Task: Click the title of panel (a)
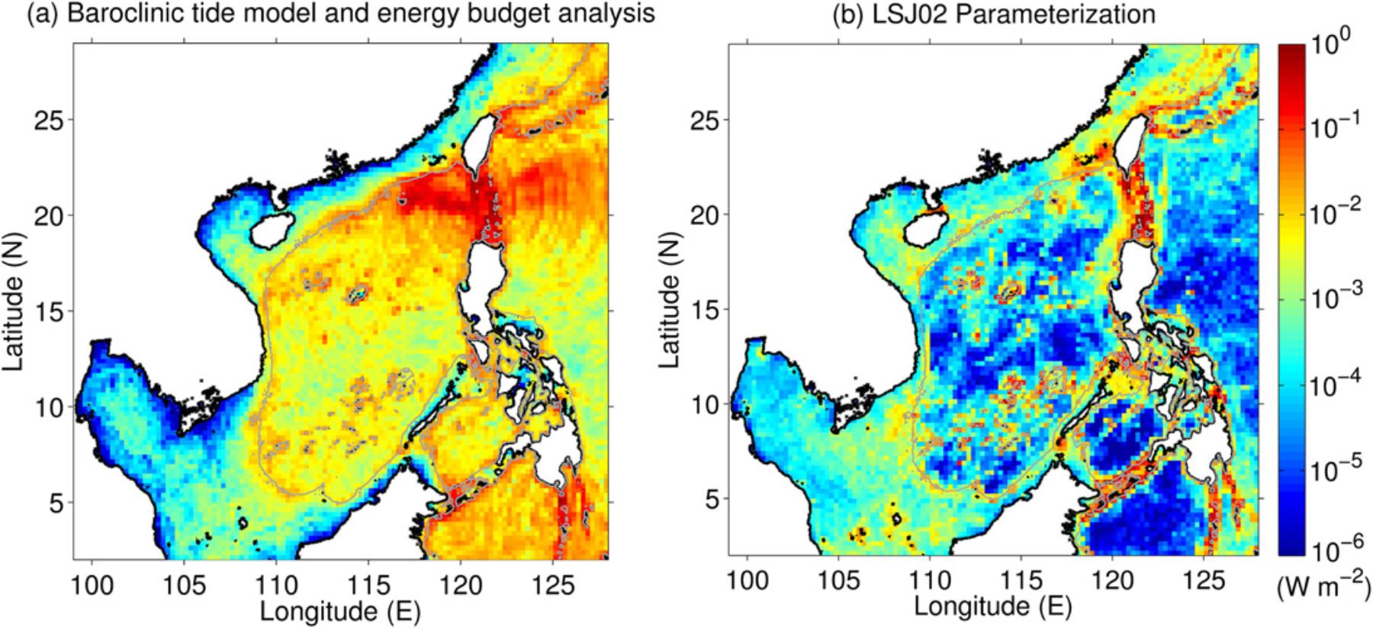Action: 341,14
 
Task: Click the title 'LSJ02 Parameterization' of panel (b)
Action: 993,14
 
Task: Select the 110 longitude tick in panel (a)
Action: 276,586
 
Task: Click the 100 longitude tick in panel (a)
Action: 92,586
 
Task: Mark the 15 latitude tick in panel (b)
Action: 706,310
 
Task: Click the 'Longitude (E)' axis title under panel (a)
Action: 340,611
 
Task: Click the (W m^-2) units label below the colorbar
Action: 1324,588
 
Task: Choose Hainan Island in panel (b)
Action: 921,229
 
